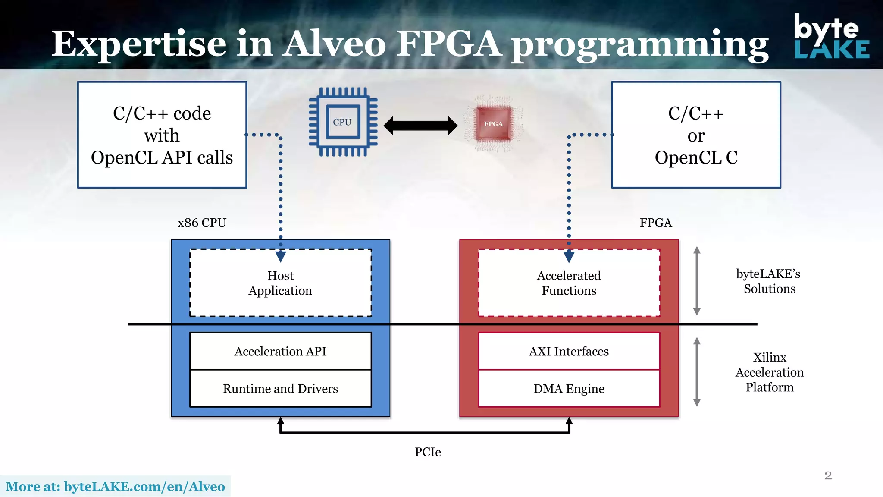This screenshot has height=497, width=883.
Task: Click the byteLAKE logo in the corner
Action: (831, 37)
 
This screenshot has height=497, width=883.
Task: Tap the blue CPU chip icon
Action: (343, 122)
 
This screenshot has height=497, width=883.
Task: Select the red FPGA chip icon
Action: (493, 124)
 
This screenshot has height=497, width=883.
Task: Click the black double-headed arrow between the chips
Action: (420, 126)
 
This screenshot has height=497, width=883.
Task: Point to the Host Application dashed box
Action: (280, 283)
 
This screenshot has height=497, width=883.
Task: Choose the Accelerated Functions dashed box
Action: (569, 283)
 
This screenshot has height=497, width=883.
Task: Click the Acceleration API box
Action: (280, 351)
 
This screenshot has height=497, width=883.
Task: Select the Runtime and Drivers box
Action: (280, 388)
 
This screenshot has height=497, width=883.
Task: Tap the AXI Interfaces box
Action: (569, 351)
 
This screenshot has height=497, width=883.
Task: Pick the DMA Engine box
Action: (569, 388)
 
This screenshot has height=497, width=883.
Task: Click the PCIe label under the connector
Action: (428, 452)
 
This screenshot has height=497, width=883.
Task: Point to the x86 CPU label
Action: (202, 223)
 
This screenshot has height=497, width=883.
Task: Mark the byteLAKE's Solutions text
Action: (769, 281)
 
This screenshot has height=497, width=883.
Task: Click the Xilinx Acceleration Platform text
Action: (770, 372)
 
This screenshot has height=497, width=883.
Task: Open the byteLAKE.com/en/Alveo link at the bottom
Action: (115, 487)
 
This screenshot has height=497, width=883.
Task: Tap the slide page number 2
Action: (828, 475)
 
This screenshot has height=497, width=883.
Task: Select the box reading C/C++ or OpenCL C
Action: (696, 135)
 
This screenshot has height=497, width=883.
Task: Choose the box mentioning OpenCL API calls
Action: (162, 135)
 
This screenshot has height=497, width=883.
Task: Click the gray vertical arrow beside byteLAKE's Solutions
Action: (697, 281)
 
